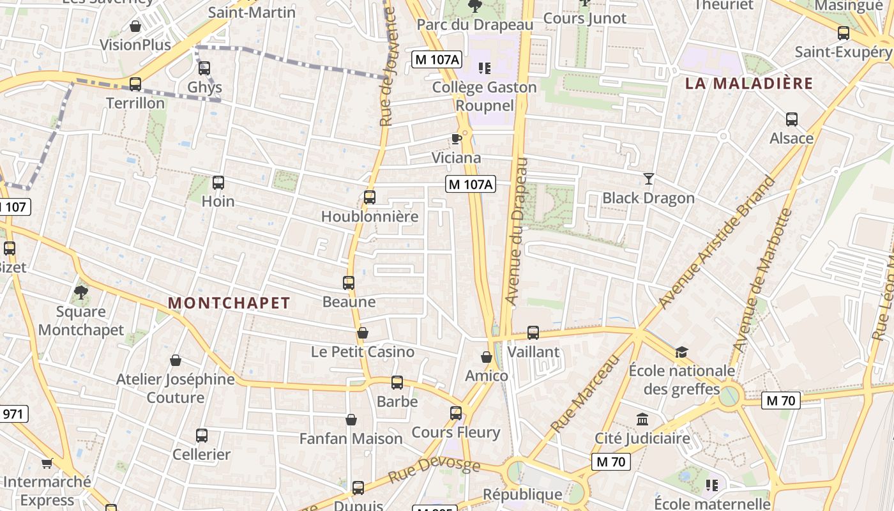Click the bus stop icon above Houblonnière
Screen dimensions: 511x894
pos(369,197)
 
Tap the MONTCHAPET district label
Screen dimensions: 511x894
pos(229,303)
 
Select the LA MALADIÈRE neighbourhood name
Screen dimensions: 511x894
pos(749,83)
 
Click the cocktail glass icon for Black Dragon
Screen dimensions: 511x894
pos(649,179)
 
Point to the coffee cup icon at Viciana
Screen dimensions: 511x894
pos(456,139)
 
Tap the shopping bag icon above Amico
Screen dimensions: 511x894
pos(487,357)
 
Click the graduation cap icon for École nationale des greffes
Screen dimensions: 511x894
pos(681,352)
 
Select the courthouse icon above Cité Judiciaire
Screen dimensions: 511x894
pos(642,420)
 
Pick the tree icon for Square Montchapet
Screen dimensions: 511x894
pos(80,293)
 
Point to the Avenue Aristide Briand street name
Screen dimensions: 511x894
pos(717,241)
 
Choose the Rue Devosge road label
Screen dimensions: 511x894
pos(434,470)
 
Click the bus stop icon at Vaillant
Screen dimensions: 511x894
pos(533,333)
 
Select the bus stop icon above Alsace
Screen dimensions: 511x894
pos(792,119)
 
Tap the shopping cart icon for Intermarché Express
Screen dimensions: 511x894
pos(47,463)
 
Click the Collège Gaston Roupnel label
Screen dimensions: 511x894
pos(485,96)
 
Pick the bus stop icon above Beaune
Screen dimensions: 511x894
pos(349,283)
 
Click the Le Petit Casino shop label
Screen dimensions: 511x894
pos(362,351)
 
